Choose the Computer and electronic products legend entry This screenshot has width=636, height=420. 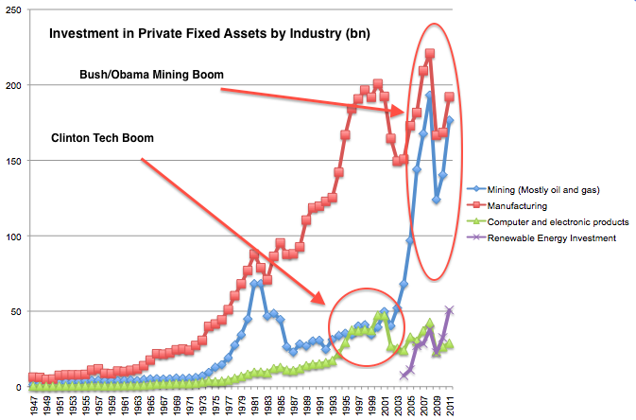[x=557, y=221]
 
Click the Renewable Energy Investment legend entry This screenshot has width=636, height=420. [x=554, y=238]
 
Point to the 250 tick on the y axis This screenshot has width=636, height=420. [x=14, y=10]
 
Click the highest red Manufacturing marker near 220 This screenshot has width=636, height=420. [x=430, y=54]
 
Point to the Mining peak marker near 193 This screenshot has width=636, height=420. [x=430, y=95]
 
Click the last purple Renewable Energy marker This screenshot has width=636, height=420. [x=450, y=310]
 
